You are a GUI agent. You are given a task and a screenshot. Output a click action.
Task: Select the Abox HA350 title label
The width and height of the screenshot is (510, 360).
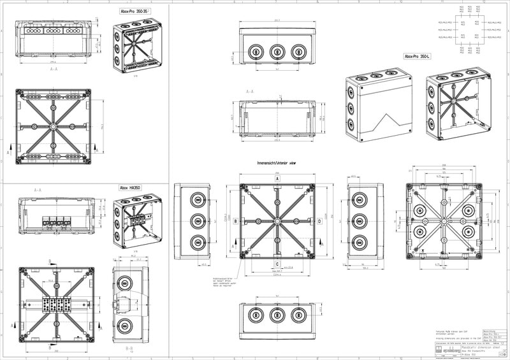pos(131,188)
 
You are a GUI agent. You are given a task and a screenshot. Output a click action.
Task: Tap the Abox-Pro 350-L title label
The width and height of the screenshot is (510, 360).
pos(418,56)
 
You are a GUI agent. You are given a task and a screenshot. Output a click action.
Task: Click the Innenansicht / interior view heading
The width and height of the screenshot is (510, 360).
pos(276,163)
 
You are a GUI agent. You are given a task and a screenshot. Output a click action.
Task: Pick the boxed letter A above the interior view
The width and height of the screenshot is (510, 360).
pos(277,179)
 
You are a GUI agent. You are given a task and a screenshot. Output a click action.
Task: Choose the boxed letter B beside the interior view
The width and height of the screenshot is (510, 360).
pos(235,222)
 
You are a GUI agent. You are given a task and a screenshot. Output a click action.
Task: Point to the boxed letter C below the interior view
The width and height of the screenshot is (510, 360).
pos(277,263)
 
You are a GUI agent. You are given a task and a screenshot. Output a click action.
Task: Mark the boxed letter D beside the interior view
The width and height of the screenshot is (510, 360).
pos(319,222)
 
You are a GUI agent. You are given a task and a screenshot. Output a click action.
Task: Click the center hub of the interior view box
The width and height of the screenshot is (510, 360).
pos(277,222)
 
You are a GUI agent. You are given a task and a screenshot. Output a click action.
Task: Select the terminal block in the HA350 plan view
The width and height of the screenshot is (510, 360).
pos(56,303)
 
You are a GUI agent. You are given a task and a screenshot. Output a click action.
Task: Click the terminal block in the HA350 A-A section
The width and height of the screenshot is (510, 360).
pos(56,222)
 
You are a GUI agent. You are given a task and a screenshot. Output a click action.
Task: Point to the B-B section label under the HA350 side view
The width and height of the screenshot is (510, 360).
pos(129,349)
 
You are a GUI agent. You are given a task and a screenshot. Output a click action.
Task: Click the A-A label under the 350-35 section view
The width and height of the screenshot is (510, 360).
pos(54,69)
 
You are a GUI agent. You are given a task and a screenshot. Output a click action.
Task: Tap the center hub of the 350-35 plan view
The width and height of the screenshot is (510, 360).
pos(54,126)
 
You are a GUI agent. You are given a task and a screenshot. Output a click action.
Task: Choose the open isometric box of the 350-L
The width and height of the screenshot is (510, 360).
pos(459,105)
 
